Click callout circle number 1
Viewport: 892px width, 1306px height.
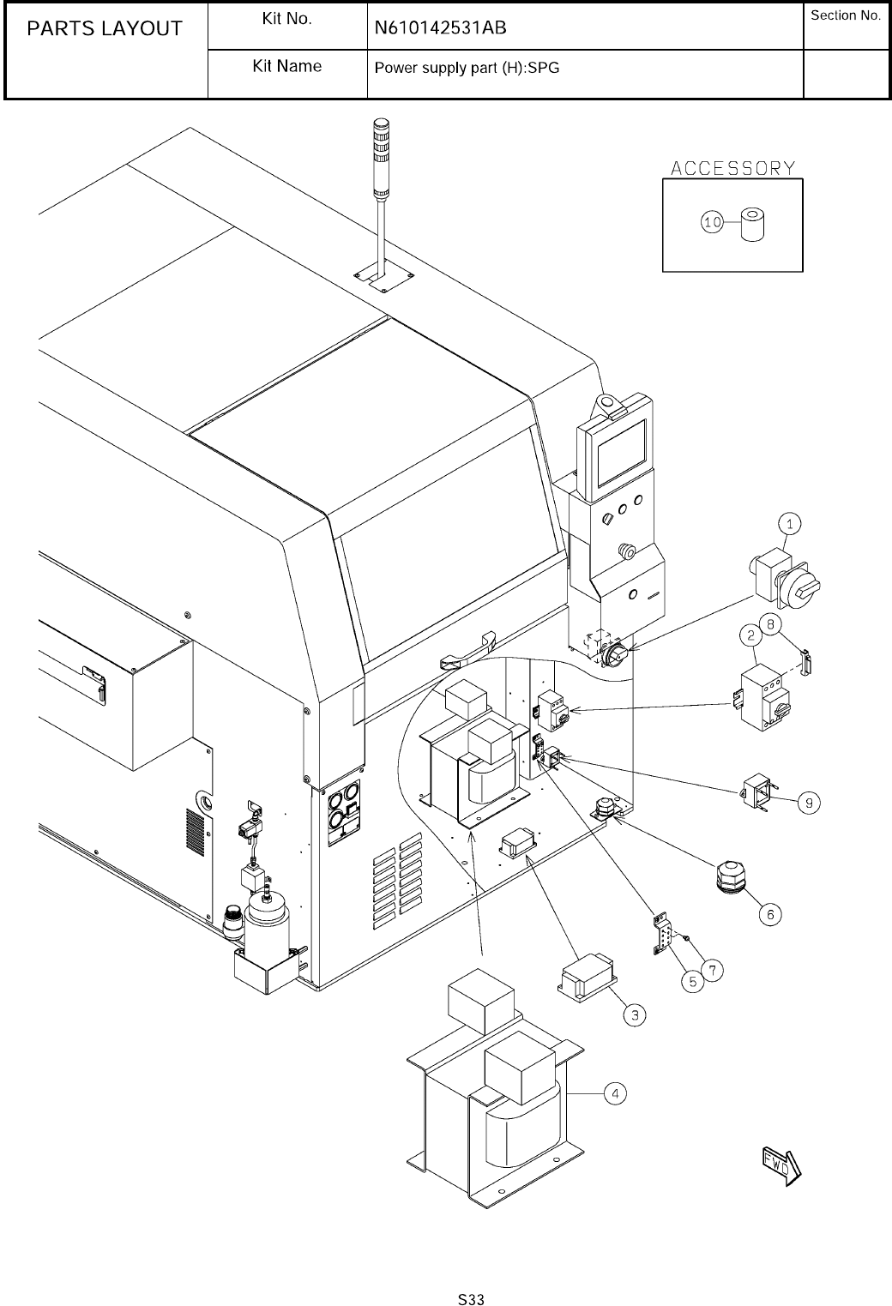tap(790, 522)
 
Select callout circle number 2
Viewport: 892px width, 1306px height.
tap(751, 635)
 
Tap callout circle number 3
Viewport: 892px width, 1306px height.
tap(634, 1015)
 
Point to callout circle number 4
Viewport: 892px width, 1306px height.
tap(615, 1093)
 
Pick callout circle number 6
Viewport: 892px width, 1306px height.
tap(769, 915)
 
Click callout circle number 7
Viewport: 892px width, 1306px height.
tap(713, 970)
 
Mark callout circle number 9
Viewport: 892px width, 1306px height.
tap(808, 803)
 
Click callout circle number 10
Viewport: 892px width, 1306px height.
tap(712, 223)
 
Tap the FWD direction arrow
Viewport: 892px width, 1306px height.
tap(780, 1164)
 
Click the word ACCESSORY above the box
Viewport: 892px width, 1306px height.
tap(732, 168)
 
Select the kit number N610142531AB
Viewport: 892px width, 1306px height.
tap(440, 28)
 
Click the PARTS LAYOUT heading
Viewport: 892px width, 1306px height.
tap(105, 29)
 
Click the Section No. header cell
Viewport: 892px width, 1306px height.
tap(846, 16)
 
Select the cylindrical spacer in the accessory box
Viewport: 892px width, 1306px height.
tap(752, 225)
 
